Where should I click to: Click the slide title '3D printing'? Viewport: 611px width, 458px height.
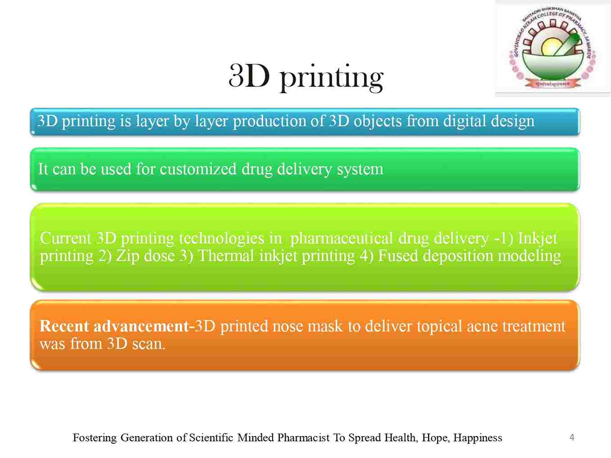click(x=305, y=77)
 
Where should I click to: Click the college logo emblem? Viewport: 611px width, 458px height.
click(x=552, y=48)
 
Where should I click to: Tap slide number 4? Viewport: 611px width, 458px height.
click(x=572, y=437)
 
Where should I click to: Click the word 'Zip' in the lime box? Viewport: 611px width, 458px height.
click(x=127, y=256)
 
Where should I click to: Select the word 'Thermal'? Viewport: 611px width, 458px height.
click(x=226, y=255)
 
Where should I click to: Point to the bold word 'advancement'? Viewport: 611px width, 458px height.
click(x=141, y=326)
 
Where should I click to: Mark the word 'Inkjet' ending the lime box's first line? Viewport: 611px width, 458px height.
click(x=538, y=239)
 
